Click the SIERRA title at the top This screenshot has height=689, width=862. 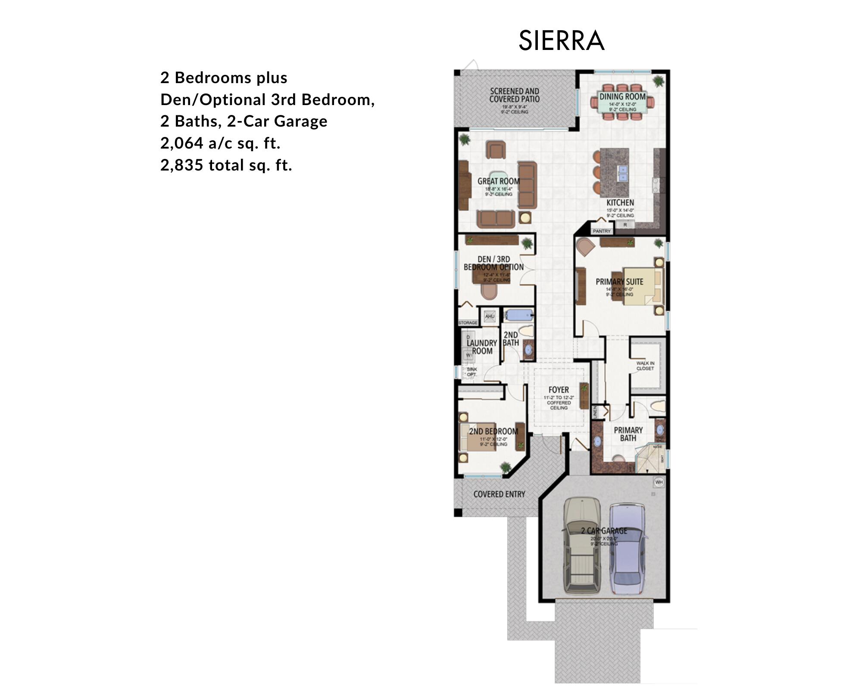[x=561, y=41]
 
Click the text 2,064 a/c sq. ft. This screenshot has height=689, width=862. [x=220, y=143]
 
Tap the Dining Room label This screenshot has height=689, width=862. [x=622, y=97]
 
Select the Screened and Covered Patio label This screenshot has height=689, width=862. [x=514, y=95]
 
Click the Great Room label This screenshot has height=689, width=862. [x=498, y=181]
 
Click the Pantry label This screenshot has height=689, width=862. [x=602, y=231]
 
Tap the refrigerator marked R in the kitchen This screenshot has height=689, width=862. [x=625, y=225]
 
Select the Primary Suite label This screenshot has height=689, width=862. [x=619, y=282]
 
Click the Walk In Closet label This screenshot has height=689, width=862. [x=645, y=366]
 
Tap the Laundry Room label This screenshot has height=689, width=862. [x=482, y=347]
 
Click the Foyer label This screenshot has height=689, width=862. [x=559, y=390]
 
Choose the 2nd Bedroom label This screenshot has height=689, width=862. [x=493, y=431]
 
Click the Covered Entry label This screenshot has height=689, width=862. [x=499, y=494]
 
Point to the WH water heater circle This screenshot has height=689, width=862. [x=659, y=482]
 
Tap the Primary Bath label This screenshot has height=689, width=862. [x=628, y=434]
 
